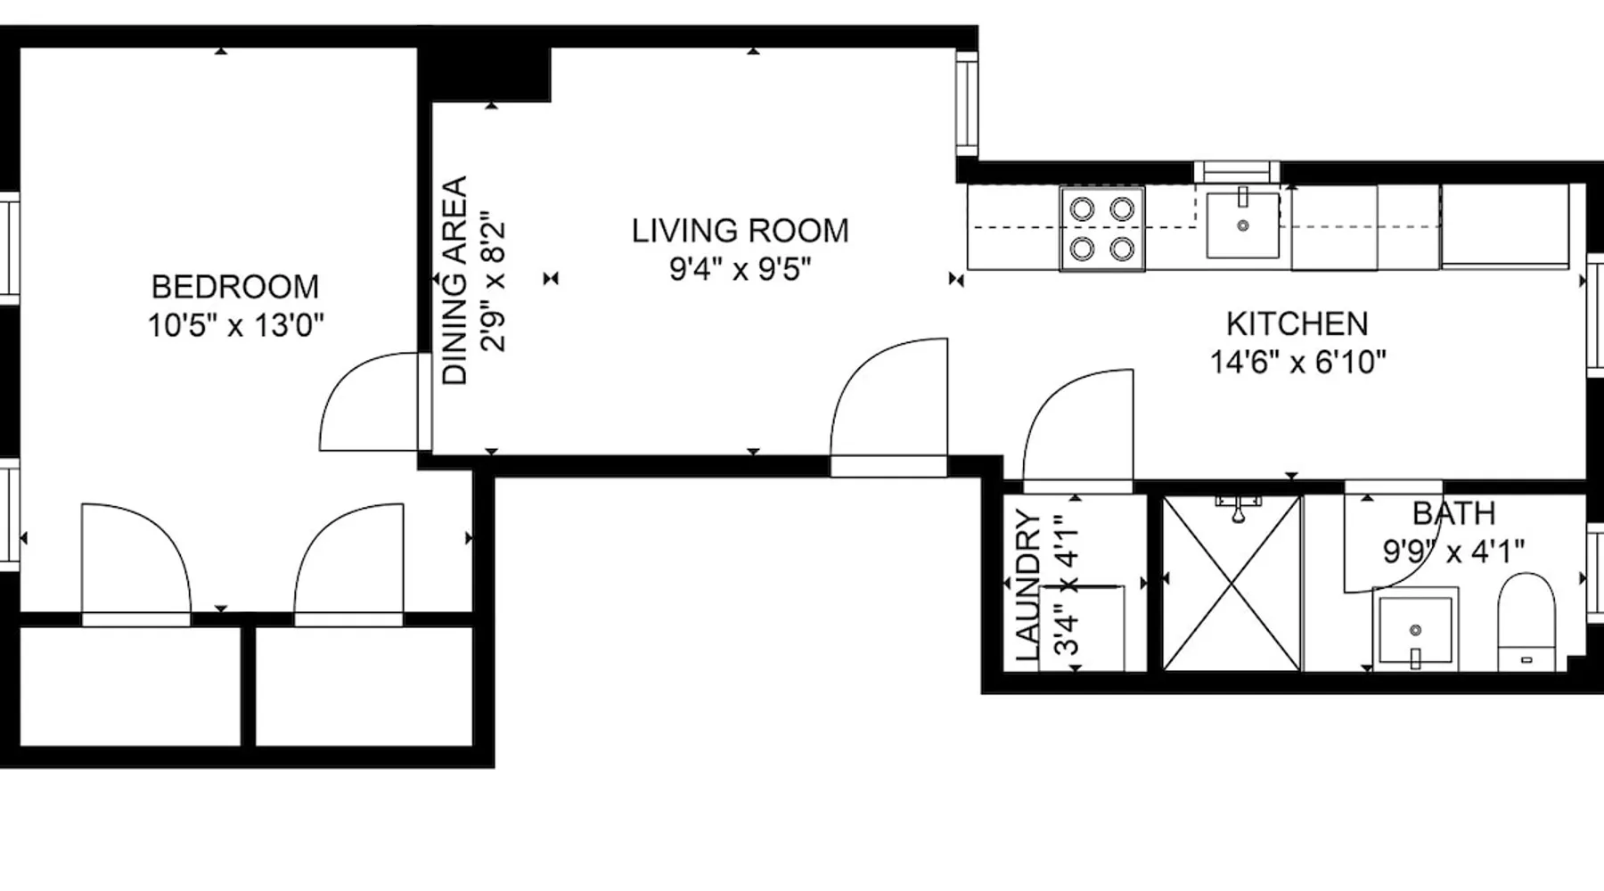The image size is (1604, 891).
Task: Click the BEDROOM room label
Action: [x=235, y=287]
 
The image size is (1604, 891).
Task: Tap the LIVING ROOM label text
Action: [x=741, y=231]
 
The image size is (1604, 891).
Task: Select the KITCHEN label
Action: [x=1297, y=323]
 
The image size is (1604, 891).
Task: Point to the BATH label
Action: [x=1453, y=513]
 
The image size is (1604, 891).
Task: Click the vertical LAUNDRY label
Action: [x=1027, y=586]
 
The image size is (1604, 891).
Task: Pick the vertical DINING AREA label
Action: [x=455, y=281]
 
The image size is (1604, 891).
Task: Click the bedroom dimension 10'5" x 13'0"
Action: [x=235, y=325]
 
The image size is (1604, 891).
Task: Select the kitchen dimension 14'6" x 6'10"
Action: [x=1297, y=362]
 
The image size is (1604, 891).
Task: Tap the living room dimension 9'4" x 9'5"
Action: [x=741, y=268]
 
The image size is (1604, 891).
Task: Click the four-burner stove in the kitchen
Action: [x=1102, y=228]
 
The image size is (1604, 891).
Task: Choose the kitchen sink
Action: [x=1243, y=224]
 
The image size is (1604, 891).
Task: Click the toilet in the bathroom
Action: [x=1526, y=622]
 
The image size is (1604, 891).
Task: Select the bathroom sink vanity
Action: [x=1415, y=629]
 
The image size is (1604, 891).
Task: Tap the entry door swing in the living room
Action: [x=888, y=406]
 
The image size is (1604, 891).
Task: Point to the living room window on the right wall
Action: [x=967, y=103]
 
